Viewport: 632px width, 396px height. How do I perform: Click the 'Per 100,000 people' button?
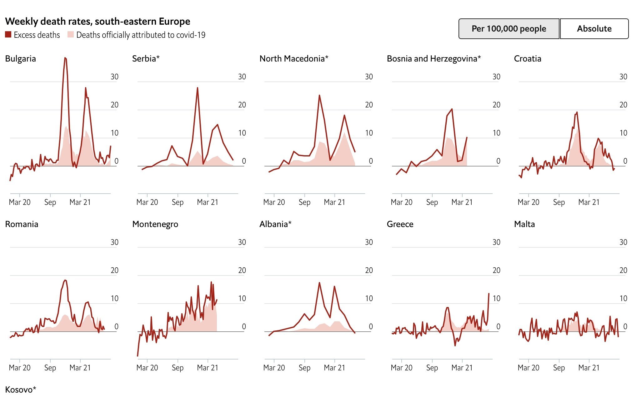[509, 29]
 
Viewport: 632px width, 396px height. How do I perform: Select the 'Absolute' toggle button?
[594, 29]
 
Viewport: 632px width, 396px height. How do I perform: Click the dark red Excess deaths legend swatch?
[8, 35]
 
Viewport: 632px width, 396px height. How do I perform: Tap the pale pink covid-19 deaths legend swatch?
[71, 35]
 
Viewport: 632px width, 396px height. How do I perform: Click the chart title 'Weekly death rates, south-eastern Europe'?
[98, 21]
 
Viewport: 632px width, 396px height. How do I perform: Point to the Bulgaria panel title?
[21, 59]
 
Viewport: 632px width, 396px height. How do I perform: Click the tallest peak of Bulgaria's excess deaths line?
[65, 58]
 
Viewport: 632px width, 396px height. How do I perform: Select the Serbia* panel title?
[146, 59]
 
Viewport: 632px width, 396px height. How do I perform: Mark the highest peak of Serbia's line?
[198, 88]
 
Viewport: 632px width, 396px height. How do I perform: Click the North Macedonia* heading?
[294, 59]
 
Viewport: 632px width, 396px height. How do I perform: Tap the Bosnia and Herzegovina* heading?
[434, 59]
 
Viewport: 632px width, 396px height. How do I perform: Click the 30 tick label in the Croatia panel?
[623, 77]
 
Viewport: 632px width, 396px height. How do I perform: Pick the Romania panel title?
[22, 224]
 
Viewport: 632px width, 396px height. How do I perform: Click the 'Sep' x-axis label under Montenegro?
[178, 368]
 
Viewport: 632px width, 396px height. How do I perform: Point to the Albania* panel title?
[275, 224]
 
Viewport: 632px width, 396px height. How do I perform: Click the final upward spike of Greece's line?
[489, 294]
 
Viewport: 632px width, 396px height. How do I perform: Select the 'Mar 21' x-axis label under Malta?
[589, 368]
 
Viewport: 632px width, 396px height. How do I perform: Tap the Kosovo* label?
[21, 390]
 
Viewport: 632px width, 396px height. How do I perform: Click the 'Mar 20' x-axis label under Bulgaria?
[20, 202]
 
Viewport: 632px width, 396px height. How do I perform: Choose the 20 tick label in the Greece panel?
[496, 270]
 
